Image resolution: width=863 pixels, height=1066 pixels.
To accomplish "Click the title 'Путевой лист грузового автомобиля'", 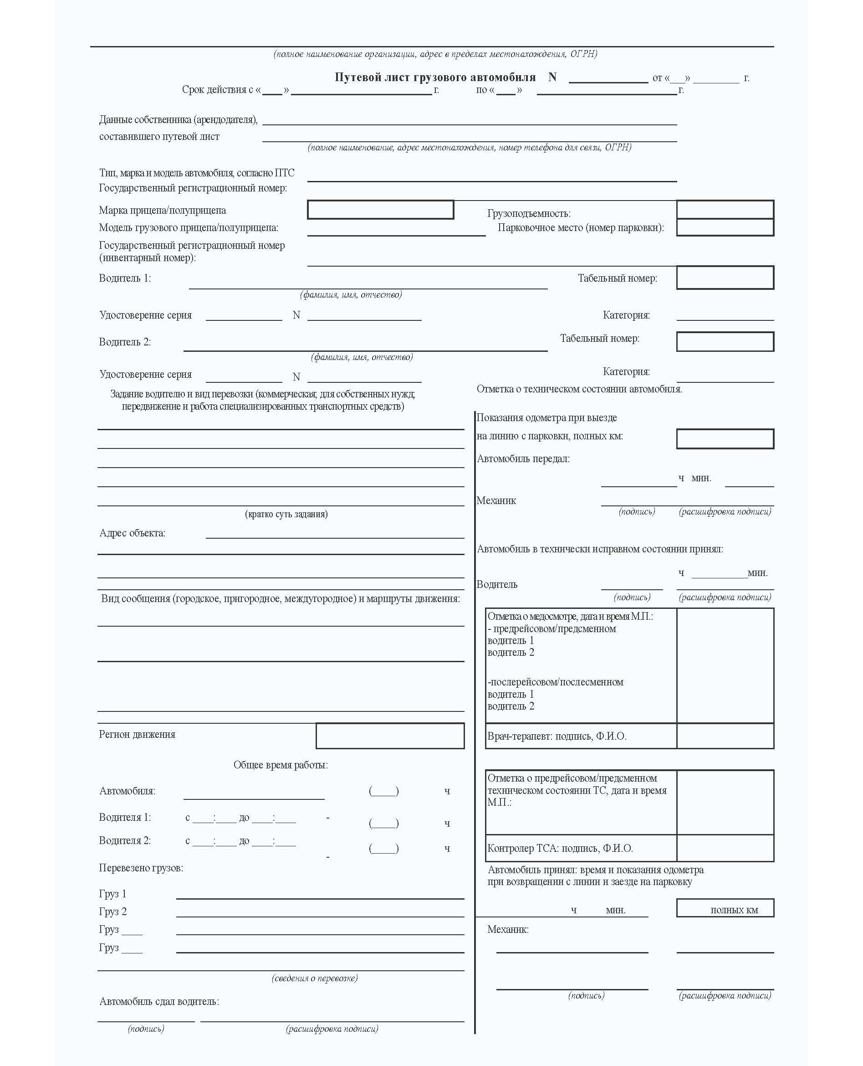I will [x=434, y=77].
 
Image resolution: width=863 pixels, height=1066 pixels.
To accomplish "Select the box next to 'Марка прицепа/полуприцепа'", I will [x=380, y=210].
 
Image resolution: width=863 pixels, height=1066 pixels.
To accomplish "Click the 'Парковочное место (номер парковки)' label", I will [x=581, y=228].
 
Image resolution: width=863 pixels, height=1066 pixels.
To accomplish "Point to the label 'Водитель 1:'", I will [x=125, y=278].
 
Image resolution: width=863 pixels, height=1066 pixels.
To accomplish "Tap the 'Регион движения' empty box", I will [x=390, y=736].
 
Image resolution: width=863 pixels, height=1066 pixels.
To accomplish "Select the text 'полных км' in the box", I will [x=734, y=910].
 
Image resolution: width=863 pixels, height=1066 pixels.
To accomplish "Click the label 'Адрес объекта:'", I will [x=132, y=533].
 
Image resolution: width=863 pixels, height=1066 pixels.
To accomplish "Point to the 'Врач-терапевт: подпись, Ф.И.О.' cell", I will [x=557, y=736].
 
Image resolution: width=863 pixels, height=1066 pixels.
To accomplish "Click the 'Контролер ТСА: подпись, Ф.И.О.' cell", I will [x=560, y=848].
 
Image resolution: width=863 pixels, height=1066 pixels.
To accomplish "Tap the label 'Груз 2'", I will [x=113, y=912].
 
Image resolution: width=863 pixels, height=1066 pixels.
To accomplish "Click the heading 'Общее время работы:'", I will [x=281, y=765].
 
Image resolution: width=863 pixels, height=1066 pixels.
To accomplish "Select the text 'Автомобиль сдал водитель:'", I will [x=159, y=1001].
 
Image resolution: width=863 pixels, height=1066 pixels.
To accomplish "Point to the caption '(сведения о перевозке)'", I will [x=315, y=978].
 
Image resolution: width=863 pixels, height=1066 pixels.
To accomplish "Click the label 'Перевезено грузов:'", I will [x=141, y=868].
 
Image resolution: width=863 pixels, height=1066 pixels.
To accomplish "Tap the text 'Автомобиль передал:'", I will [x=523, y=458].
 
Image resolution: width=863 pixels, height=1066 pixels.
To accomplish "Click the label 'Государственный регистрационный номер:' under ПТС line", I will [x=193, y=188].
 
